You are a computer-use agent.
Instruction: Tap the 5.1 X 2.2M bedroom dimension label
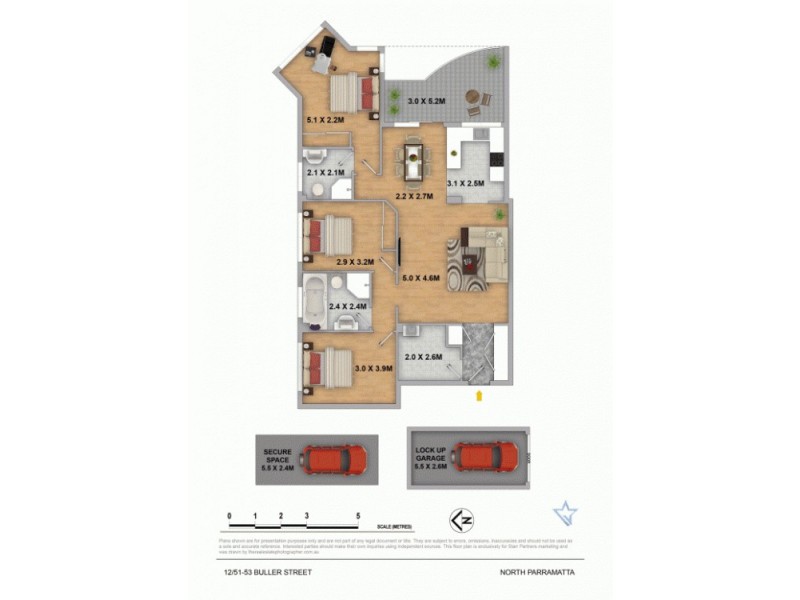[324, 120]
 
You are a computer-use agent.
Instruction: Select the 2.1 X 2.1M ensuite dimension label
[325, 172]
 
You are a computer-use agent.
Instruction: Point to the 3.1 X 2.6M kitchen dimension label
[465, 183]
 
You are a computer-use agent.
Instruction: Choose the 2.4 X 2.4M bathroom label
[348, 305]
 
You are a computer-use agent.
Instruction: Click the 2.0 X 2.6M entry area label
[423, 357]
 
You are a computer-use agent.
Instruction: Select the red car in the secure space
[335, 459]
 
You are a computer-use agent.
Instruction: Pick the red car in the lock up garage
[487, 457]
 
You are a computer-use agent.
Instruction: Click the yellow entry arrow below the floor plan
[479, 396]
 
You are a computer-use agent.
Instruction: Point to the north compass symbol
[461, 519]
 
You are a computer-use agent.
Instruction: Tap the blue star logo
[565, 514]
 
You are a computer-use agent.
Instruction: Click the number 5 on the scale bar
[358, 516]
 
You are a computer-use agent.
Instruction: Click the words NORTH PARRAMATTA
[537, 573]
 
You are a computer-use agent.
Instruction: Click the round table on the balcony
[473, 97]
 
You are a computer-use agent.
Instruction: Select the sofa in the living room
[488, 252]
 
